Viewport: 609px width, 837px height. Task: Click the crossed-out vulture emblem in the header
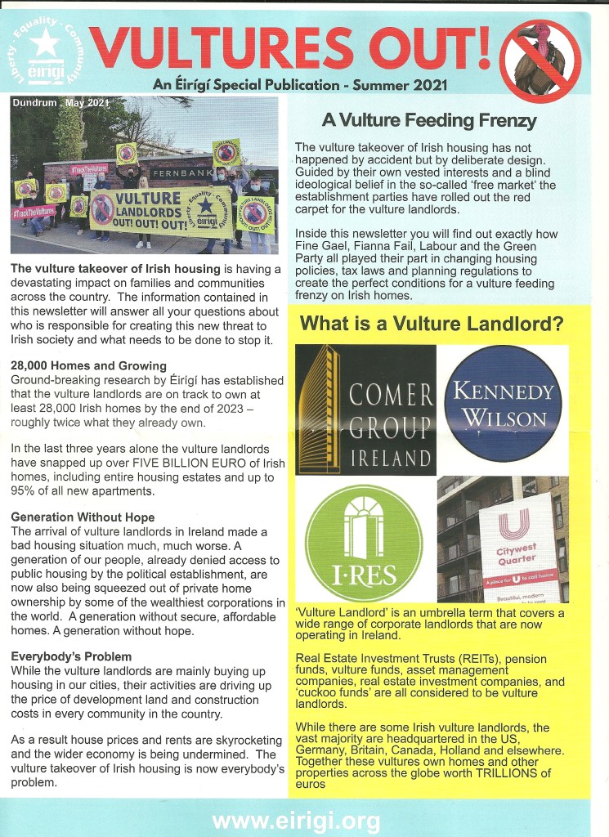tap(540, 60)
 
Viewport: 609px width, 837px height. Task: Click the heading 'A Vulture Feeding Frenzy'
tap(429, 121)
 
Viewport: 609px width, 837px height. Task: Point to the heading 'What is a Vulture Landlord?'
tap(432, 324)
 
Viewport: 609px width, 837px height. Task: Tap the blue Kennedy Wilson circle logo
tap(502, 405)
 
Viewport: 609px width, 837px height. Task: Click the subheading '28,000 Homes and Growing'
tap(88, 365)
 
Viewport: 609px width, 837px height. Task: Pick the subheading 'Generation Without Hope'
tap(83, 517)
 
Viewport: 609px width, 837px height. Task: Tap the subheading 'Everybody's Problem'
tap(71, 656)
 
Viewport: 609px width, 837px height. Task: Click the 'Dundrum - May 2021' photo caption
tap(60, 104)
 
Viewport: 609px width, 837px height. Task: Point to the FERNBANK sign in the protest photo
tap(181, 175)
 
